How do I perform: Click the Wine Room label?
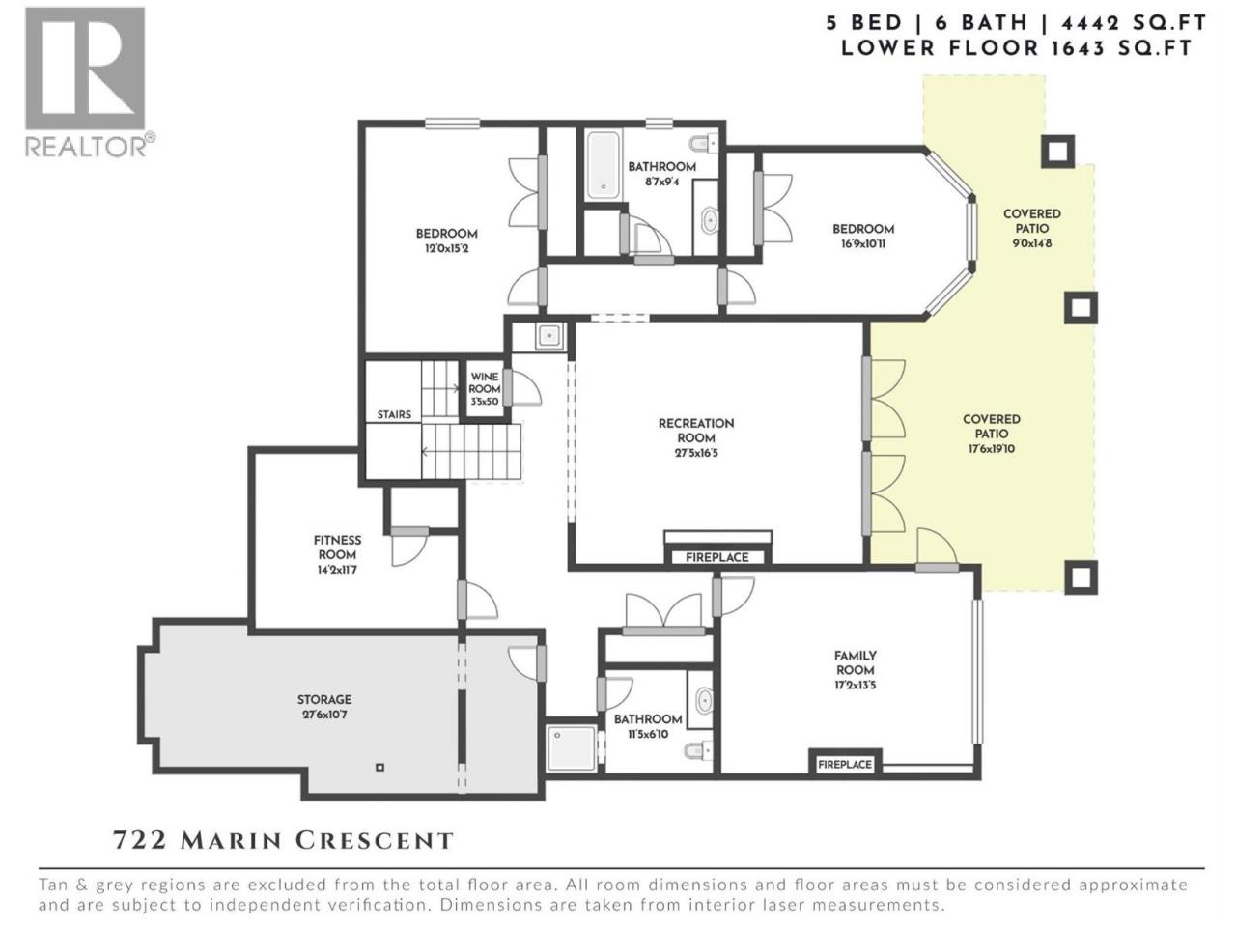coord(485,382)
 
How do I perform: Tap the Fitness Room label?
coord(337,548)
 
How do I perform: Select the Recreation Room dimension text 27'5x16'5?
coord(696,453)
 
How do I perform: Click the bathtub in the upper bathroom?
coord(603,164)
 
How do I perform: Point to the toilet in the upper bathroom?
coord(704,144)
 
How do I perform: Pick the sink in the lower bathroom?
coord(704,701)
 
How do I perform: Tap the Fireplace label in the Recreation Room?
coord(716,557)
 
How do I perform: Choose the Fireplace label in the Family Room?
coord(845,765)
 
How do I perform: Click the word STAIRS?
coord(394,414)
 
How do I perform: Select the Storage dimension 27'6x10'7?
coord(324,715)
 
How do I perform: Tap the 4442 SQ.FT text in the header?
coord(1134,23)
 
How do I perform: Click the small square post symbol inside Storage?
coord(380,767)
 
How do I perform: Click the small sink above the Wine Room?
coord(548,336)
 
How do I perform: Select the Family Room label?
coord(855,662)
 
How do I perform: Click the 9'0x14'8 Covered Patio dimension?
coord(1031,243)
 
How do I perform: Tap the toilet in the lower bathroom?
coord(698,750)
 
